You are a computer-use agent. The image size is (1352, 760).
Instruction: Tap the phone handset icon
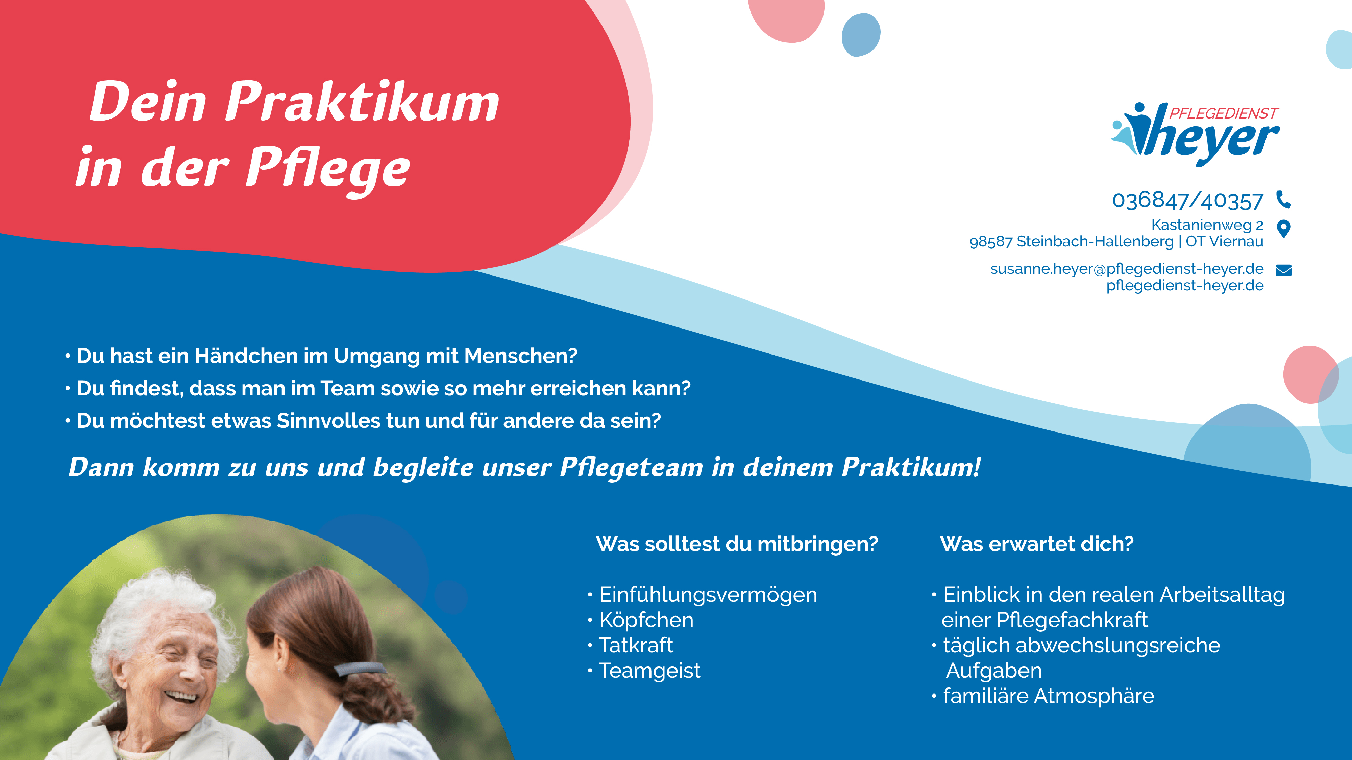(1284, 199)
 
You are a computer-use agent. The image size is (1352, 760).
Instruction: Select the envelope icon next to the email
(1284, 270)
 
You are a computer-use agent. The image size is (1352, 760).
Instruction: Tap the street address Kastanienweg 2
(1207, 225)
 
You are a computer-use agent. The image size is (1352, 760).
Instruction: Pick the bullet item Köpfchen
(646, 620)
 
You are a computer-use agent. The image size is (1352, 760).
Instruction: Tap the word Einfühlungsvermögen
(708, 595)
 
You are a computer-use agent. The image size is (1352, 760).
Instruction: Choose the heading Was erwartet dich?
(1037, 544)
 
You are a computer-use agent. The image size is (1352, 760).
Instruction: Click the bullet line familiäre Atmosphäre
(1049, 696)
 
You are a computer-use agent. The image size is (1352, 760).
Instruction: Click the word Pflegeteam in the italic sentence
(631, 467)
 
